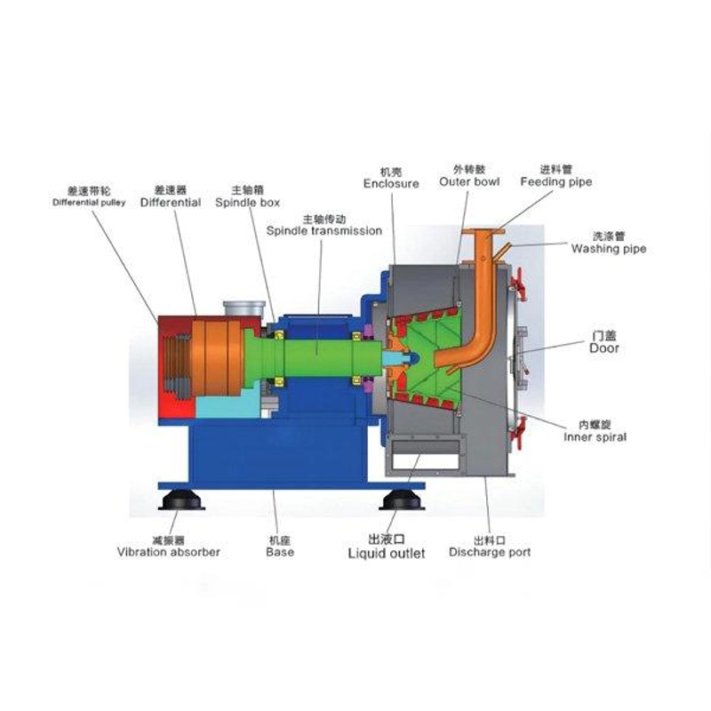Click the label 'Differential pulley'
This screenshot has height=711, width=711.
click(x=89, y=203)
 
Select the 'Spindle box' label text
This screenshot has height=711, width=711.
click(x=248, y=203)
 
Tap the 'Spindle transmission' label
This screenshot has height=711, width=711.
click(x=324, y=231)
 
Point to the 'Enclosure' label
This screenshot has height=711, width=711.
click(x=391, y=184)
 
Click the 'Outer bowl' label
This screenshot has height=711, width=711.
click(x=469, y=182)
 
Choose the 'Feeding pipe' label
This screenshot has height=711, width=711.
click(x=556, y=182)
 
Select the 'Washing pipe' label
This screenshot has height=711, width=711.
click(x=609, y=249)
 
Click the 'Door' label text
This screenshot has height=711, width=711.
click(x=604, y=348)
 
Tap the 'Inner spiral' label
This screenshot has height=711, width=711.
click(x=595, y=437)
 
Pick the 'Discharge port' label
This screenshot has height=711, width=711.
click(x=490, y=552)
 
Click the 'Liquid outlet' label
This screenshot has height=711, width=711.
click(x=387, y=553)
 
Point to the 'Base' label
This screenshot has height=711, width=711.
click(x=280, y=552)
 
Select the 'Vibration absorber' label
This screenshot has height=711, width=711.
click(x=168, y=552)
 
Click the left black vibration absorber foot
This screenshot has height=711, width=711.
click(x=181, y=500)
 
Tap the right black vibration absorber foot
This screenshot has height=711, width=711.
click(x=402, y=500)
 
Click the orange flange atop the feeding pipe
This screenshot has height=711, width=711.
click(x=483, y=231)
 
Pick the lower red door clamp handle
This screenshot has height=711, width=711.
click(x=517, y=433)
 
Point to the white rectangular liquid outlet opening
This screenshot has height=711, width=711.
click(x=426, y=461)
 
